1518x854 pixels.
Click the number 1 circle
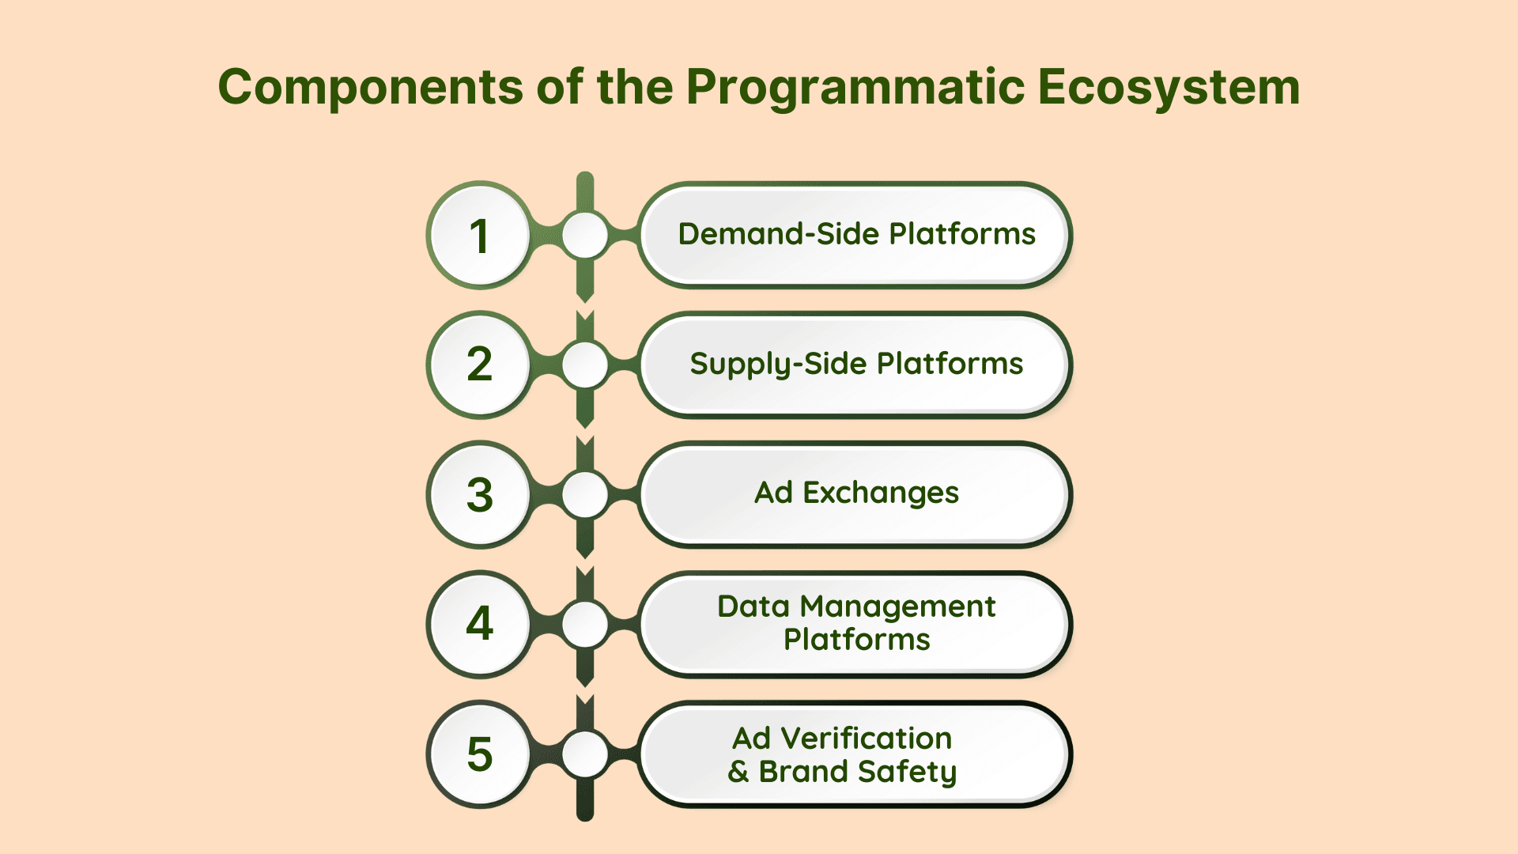479,235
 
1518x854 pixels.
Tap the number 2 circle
479,365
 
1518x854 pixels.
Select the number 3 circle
479,494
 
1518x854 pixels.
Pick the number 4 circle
479,624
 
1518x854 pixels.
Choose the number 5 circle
479,754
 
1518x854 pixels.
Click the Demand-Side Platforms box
855,235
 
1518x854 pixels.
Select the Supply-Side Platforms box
855,365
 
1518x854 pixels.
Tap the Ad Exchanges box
855,494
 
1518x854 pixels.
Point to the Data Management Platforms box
855,624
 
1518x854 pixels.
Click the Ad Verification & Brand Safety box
855,754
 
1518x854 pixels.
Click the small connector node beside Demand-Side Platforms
585,235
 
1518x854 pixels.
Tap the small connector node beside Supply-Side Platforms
585,365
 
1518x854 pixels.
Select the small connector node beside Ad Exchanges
585,494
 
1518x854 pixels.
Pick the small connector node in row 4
585,624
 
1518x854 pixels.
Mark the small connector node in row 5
585,754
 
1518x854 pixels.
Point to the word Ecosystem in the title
1169,87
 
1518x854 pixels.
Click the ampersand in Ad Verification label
738,771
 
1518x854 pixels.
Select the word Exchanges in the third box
881,493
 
